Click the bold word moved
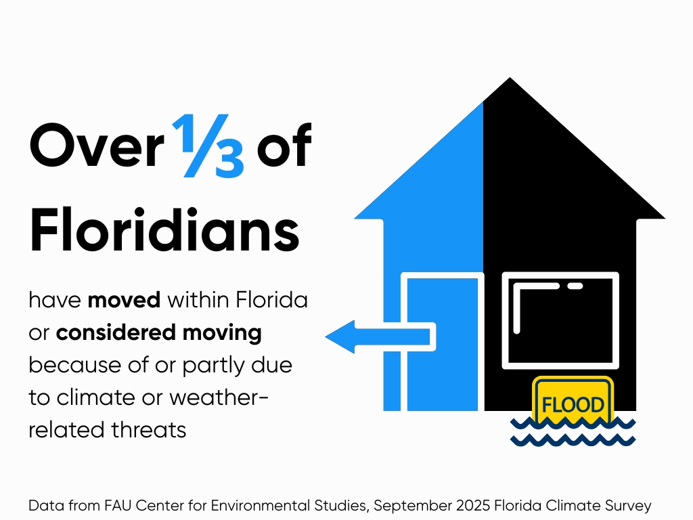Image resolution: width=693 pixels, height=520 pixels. pyautogui.click(x=124, y=299)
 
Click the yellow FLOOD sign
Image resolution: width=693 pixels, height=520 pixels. pyautogui.click(x=573, y=405)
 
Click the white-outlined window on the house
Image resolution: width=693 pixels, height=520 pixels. pyautogui.click(x=560, y=320)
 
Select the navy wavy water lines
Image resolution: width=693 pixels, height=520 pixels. pyautogui.click(x=573, y=432)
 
